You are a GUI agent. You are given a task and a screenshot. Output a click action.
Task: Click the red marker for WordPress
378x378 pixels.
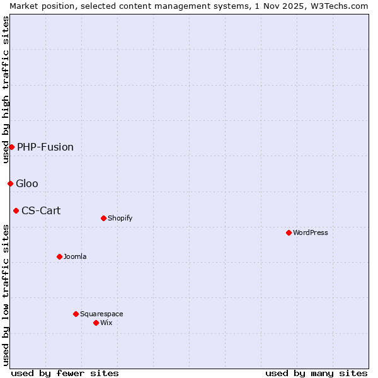(289, 232)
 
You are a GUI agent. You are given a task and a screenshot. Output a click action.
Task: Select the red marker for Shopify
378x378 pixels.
(103, 218)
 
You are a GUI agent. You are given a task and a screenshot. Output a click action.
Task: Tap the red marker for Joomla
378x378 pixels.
(59, 256)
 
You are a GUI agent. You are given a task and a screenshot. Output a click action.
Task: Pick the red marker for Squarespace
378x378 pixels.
(76, 314)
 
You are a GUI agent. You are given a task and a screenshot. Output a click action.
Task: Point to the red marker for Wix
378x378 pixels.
(96, 323)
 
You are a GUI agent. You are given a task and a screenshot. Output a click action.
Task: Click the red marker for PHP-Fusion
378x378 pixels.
(11, 147)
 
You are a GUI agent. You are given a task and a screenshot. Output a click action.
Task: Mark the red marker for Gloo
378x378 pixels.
(10, 183)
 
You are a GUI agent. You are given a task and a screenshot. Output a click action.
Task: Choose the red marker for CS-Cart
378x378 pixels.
(16, 210)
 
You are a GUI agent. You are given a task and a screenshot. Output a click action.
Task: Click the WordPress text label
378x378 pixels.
(311, 232)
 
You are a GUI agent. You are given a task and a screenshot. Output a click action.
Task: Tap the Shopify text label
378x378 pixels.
(120, 218)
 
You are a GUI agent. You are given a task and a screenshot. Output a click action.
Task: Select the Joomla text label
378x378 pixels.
(75, 256)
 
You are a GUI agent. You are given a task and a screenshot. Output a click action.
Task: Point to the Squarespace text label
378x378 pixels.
(101, 314)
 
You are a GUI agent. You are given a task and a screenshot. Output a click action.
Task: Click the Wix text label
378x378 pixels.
(106, 323)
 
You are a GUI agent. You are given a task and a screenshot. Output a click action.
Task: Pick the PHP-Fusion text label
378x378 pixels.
(45, 147)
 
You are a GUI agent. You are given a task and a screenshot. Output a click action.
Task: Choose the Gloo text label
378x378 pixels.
(27, 183)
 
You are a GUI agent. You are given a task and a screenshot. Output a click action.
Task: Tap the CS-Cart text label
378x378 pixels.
(41, 210)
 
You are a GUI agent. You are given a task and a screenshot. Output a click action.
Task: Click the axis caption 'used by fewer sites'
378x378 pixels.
(65, 373)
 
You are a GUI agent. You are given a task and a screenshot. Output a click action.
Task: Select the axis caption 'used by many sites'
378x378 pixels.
(316, 373)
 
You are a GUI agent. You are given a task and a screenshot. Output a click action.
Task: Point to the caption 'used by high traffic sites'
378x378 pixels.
(6, 89)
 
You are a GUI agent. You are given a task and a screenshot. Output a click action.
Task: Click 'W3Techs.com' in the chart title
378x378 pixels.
(339, 6)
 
